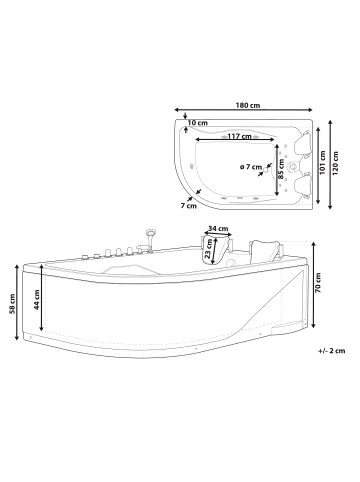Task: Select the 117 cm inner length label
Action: pos(237,136)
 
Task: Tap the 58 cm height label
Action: pos(12,302)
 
